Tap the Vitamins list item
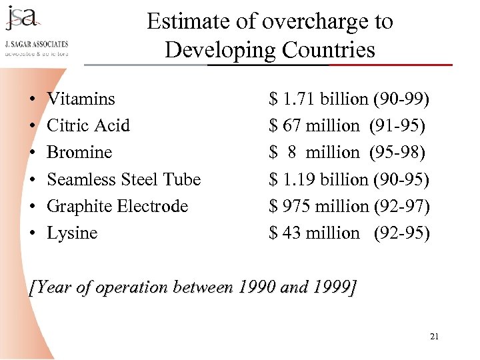[x=81, y=99]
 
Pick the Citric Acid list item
[x=88, y=126]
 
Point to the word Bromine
[x=79, y=153]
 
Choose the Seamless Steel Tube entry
[x=123, y=179]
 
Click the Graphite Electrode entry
[x=117, y=206]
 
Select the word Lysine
[x=72, y=233]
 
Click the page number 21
[x=435, y=337]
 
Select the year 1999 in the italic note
[x=331, y=288]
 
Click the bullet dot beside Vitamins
[x=33, y=100]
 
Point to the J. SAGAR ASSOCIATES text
[x=37, y=45]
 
